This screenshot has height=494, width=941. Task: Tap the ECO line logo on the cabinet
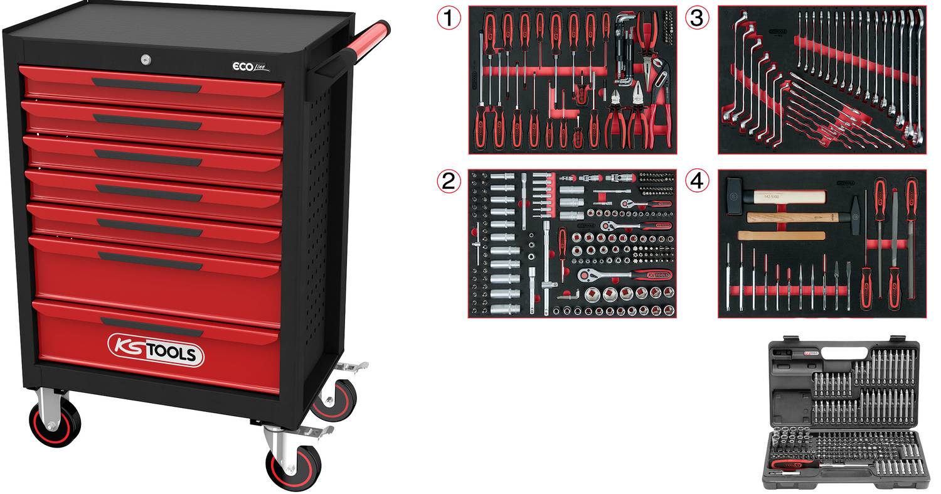click(x=249, y=67)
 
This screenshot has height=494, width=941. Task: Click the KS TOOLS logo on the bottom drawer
click(x=156, y=350)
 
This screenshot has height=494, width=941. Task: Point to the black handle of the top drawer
click(x=147, y=85)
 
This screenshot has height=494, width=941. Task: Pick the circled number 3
click(x=696, y=18)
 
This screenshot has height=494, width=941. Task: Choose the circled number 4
click(x=696, y=181)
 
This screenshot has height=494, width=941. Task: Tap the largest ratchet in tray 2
click(x=627, y=275)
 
